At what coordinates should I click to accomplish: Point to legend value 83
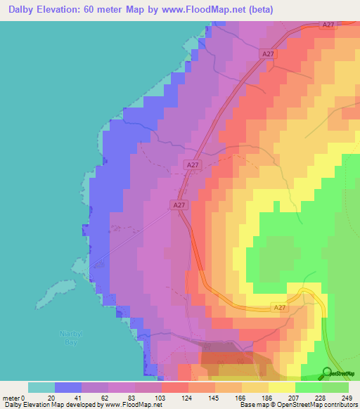point(135,397)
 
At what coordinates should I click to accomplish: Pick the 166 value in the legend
point(242,397)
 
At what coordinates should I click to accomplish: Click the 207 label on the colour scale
point(295,397)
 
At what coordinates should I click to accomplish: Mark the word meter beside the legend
point(11,397)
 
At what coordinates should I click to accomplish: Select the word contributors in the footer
point(340,405)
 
